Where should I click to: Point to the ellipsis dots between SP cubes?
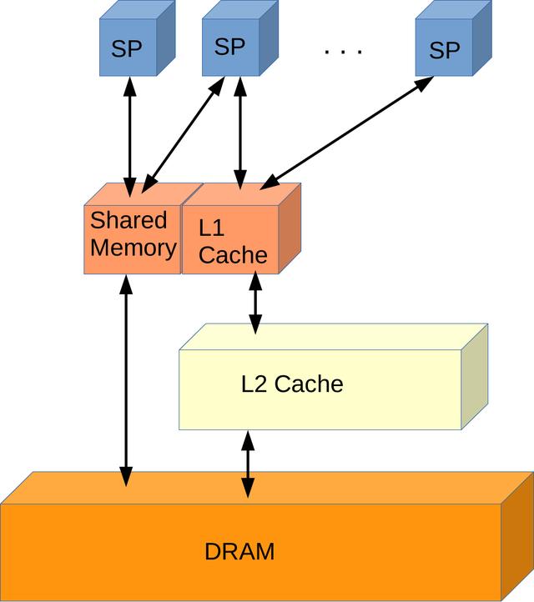coord(343,52)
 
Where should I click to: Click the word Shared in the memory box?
coord(128,220)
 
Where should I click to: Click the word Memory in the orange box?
coord(133,248)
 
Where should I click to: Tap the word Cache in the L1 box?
coord(233,254)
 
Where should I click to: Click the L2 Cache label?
coord(292,384)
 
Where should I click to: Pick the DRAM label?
coord(239,552)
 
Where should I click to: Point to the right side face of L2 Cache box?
coord(474,377)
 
